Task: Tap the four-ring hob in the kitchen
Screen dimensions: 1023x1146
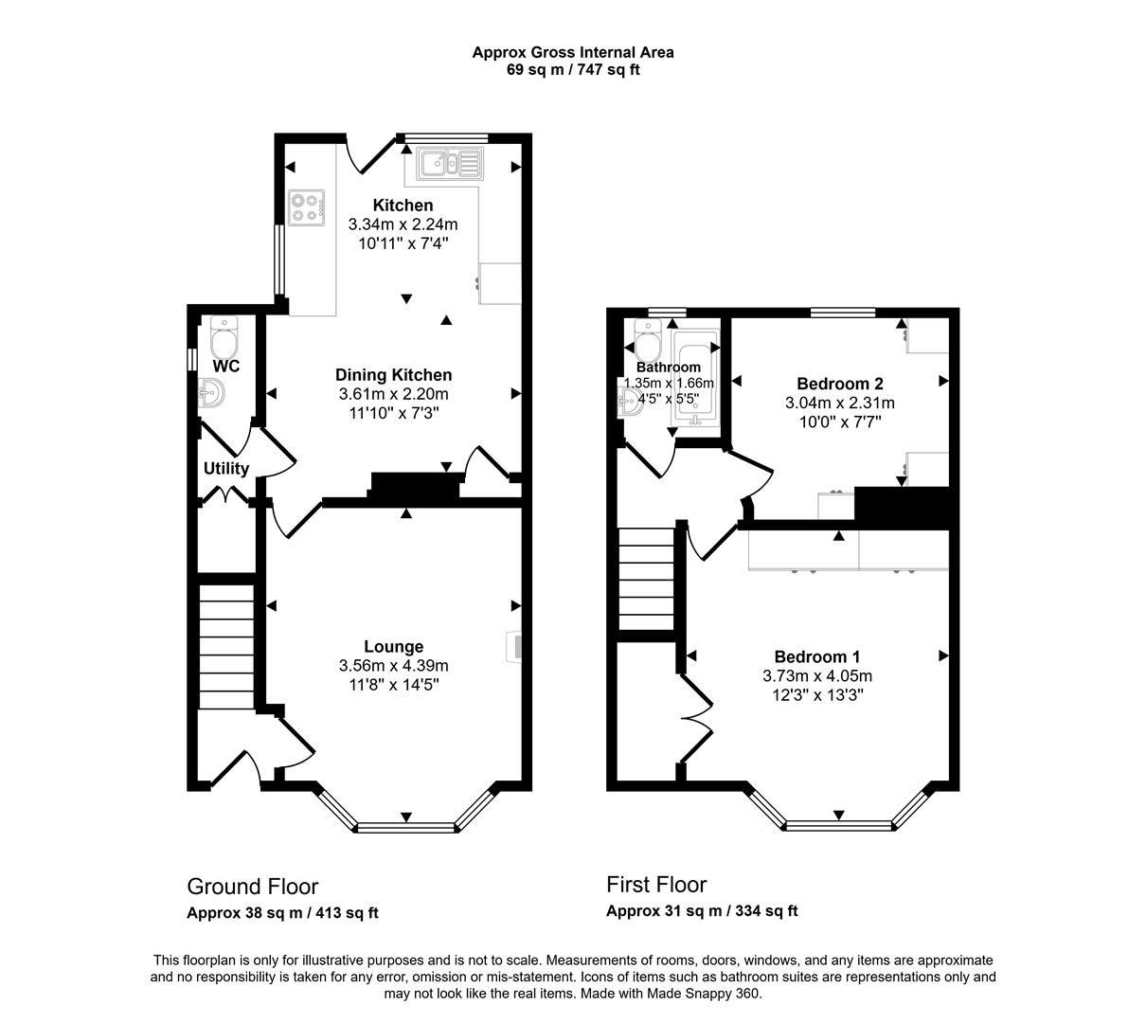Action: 307,206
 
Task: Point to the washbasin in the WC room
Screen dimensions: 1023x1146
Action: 211,391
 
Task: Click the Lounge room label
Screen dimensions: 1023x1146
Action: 394,647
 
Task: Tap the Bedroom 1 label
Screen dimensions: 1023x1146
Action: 816,656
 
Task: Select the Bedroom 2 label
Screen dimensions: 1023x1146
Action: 839,384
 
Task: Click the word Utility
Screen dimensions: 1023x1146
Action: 226,469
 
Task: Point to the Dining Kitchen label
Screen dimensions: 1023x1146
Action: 394,375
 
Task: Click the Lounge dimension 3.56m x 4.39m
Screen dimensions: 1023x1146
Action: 394,666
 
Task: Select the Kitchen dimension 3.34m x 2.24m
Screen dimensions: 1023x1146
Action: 403,224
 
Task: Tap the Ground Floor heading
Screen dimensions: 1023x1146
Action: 252,887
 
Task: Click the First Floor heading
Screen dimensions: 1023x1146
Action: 656,885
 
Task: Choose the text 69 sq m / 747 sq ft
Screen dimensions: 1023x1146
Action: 573,69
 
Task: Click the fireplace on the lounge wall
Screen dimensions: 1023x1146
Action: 513,646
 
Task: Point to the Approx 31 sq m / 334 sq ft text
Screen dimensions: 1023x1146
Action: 702,911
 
